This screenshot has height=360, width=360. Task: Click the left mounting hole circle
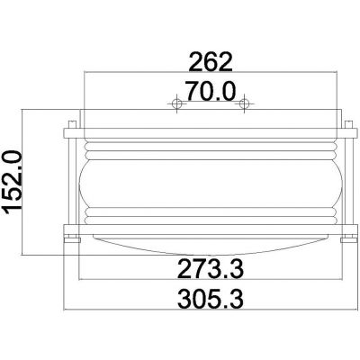[x=177, y=105]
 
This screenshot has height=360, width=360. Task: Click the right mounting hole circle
[x=241, y=105]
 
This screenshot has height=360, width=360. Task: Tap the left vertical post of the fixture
[x=70, y=180]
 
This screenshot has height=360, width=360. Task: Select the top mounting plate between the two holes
[x=209, y=110]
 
